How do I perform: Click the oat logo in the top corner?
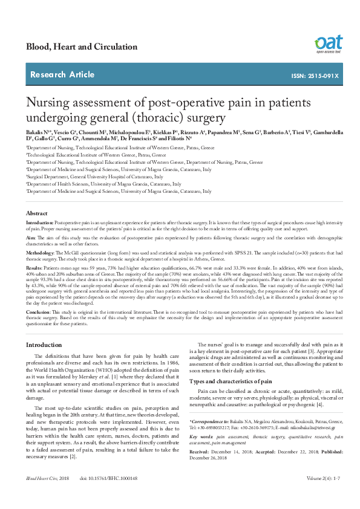click(x=328, y=44)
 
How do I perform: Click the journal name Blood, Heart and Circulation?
click(x=81, y=47)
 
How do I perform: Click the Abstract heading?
click(x=36, y=213)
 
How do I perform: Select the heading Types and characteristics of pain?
click(x=234, y=382)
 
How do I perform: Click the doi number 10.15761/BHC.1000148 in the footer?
click(x=108, y=495)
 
